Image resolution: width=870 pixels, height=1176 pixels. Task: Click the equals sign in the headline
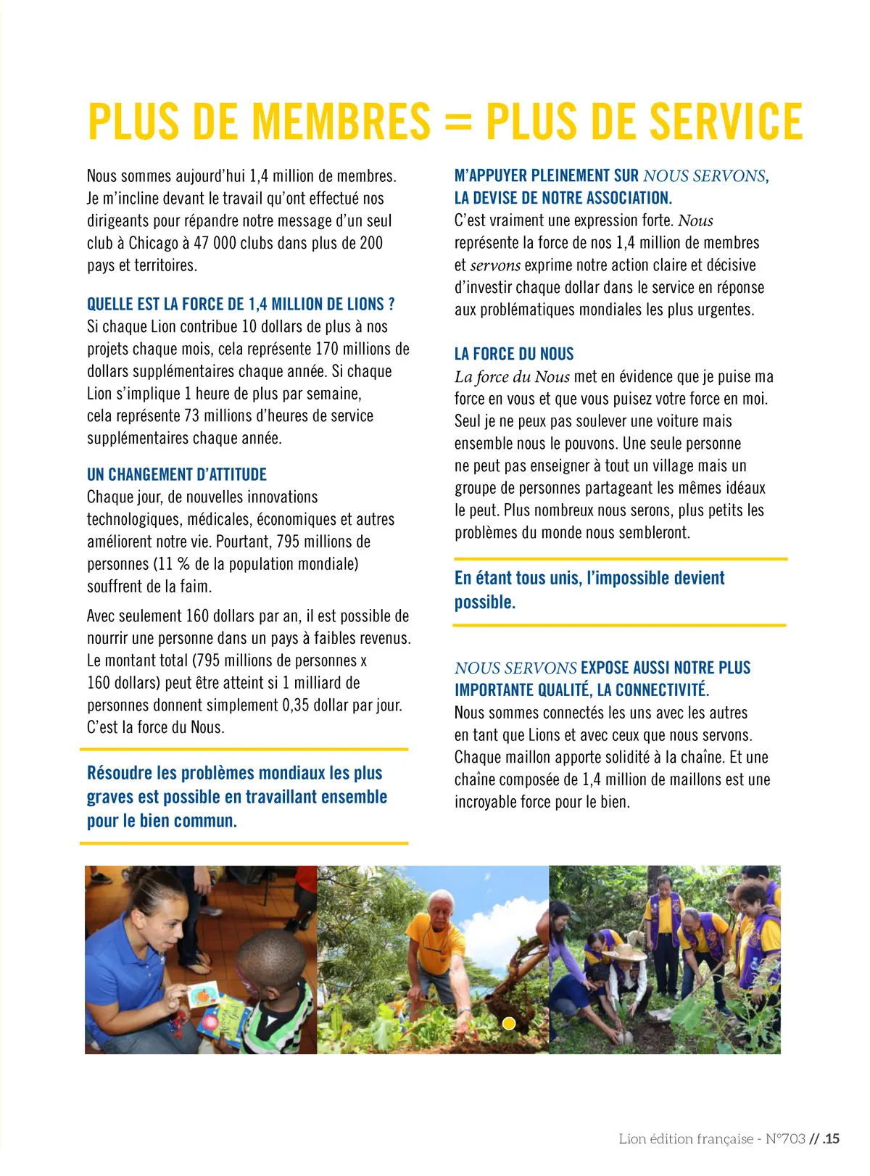[x=457, y=123]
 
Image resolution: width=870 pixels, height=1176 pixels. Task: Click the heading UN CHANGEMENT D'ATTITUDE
[x=177, y=475]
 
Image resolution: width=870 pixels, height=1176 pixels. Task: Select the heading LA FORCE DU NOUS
[x=514, y=354]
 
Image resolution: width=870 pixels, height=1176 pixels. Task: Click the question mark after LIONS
[x=391, y=305]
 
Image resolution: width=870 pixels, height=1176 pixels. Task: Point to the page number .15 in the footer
[x=831, y=1138]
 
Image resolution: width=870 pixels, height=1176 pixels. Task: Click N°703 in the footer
[x=785, y=1138]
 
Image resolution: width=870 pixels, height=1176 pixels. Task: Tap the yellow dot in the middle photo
[x=509, y=1023]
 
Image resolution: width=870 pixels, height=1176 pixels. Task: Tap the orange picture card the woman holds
[x=202, y=994]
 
